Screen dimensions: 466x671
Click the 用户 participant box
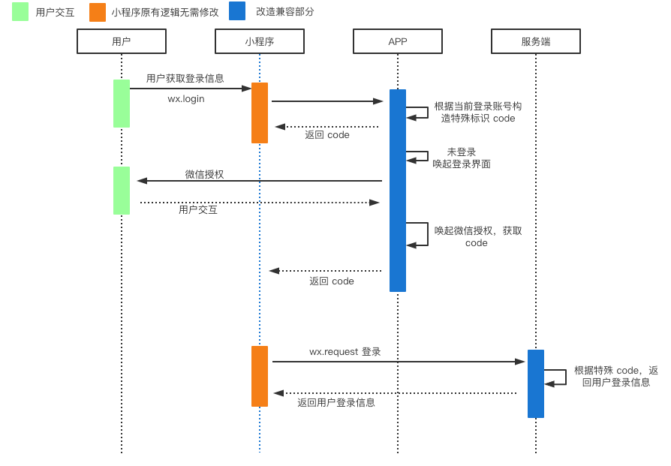point(122,41)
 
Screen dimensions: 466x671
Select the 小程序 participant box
point(260,41)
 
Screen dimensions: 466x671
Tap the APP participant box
point(398,41)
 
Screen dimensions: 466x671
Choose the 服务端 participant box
point(536,41)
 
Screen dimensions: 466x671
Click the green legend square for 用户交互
point(20,11)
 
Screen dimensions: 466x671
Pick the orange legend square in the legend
point(98,12)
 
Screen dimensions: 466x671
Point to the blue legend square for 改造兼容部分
point(237,11)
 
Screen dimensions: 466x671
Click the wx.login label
point(185,98)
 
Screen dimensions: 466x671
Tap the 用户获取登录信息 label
point(185,78)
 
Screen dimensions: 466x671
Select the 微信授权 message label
point(204,174)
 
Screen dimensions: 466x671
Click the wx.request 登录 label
point(345,351)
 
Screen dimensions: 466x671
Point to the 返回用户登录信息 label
point(335,402)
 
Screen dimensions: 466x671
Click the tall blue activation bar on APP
point(398,191)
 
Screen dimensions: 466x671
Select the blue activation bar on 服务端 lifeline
point(536,383)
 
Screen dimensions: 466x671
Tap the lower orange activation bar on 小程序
point(260,376)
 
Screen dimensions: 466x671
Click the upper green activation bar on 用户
point(122,104)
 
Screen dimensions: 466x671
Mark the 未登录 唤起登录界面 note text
point(462,158)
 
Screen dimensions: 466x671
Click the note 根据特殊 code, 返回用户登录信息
point(616,376)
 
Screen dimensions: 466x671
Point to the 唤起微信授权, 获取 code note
point(477,236)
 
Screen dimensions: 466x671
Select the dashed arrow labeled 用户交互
point(260,202)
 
